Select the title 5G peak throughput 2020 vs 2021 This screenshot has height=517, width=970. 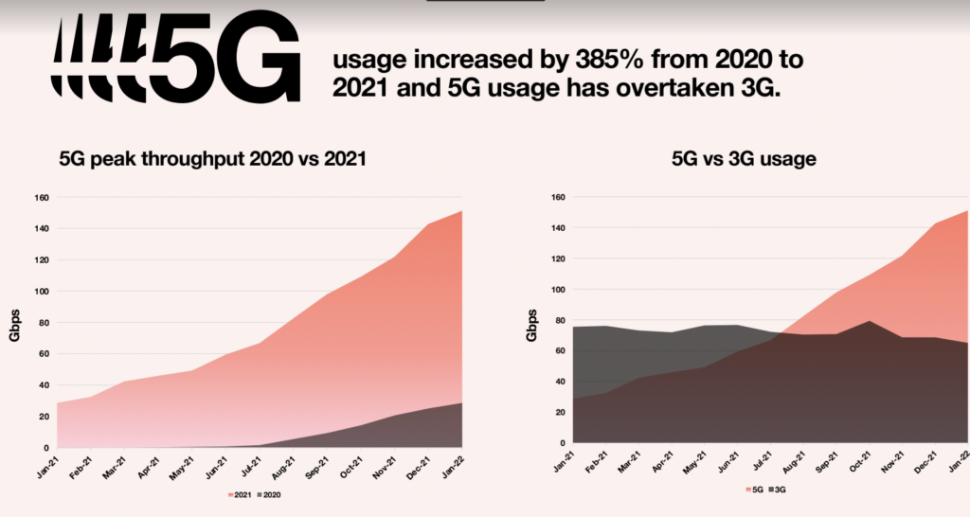pos(212,160)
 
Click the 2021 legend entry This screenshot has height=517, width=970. pos(240,494)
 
